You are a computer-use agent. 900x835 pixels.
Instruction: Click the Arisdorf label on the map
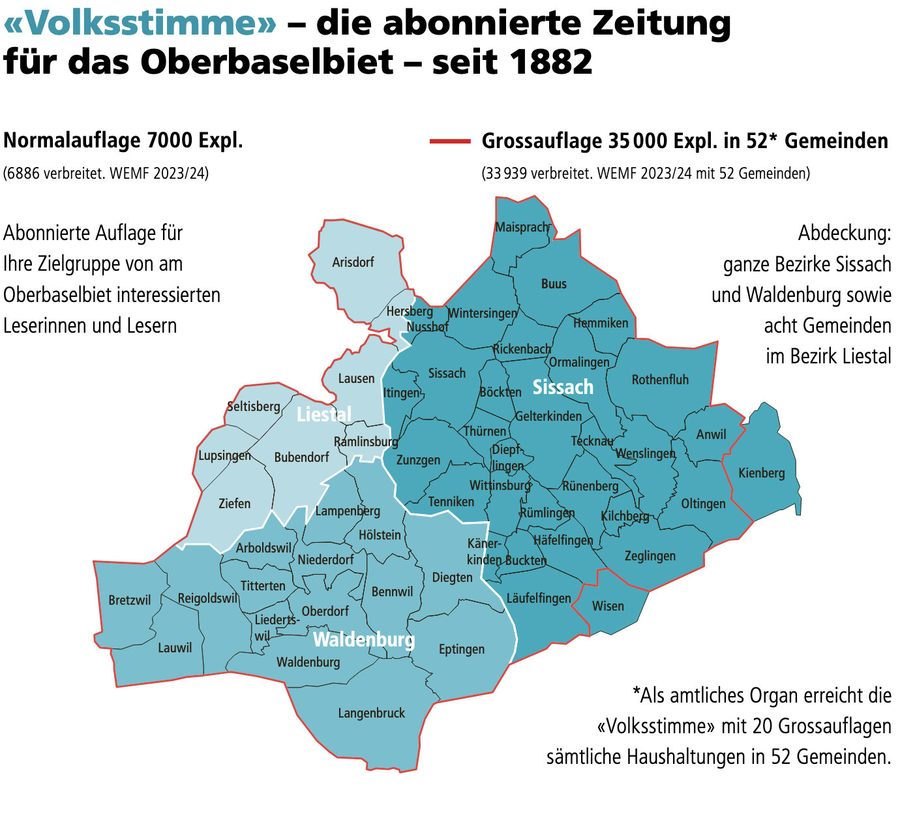pos(353,262)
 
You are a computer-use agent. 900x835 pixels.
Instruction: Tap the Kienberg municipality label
pos(761,473)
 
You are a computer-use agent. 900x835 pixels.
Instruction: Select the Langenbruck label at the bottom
pos(371,713)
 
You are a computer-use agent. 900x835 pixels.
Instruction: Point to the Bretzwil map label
pos(130,600)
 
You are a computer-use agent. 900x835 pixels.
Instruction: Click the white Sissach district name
pos(563,387)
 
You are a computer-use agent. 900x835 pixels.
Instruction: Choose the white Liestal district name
pos(323,414)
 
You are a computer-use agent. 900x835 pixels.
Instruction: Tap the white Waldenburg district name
pos(363,639)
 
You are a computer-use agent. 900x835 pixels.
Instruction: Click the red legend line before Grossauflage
pos(449,141)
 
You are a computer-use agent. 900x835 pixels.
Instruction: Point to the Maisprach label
pos(522,227)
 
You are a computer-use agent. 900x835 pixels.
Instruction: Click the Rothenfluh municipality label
pos(660,380)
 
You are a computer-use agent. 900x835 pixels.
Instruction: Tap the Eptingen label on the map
pos(461,649)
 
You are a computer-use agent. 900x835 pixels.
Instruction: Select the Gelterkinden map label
pos(548,416)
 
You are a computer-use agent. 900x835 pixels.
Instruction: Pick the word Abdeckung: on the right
pos(844,233)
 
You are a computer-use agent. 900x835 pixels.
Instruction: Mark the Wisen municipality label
pos(608,606)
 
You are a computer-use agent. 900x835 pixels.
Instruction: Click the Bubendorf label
pos(301,457)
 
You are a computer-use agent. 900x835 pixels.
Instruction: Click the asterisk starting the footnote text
pos(636,694)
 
